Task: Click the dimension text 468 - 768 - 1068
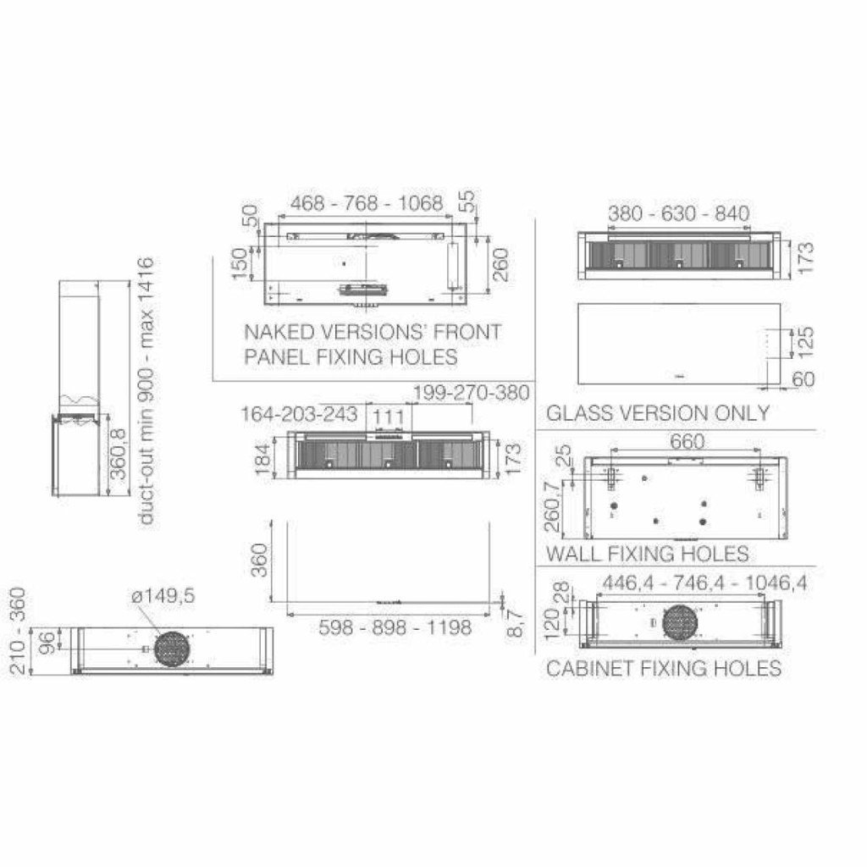367,203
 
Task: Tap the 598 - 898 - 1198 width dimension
395,627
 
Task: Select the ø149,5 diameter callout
163,596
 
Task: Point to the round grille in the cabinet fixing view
680,622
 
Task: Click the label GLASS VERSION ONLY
658,413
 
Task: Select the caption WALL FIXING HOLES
648,554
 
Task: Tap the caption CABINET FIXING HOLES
664,668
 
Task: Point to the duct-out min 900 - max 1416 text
145,391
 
